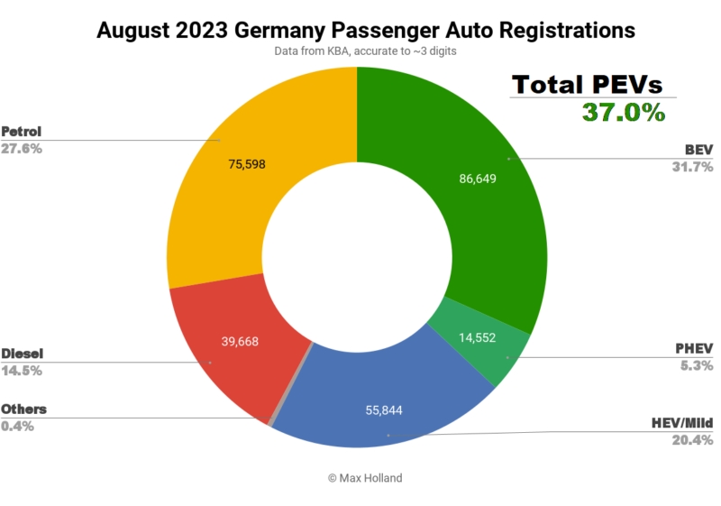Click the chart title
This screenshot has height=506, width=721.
[x=365, y=30]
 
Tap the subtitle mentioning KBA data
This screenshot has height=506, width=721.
[x=365, y=52]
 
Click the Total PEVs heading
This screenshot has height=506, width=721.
[x=588, y=85]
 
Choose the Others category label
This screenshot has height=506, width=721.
[x=24, y=409]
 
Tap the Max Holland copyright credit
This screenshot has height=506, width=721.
[x=365, y=476]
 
